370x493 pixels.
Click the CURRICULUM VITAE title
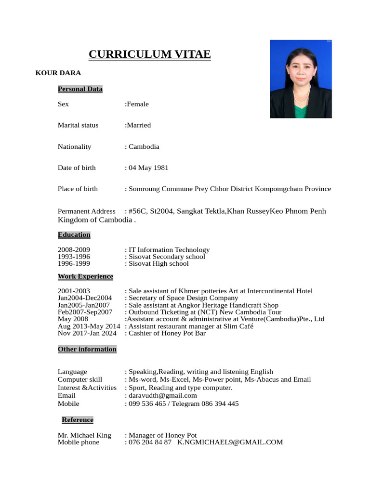149,54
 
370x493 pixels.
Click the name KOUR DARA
58,73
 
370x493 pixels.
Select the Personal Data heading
80,89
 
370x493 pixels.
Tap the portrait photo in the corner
301,79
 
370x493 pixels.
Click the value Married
138,125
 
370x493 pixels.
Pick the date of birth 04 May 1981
147,168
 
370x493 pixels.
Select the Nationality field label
74,146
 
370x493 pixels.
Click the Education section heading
74,235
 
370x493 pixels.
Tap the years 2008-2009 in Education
74,250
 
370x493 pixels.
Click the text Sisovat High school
151,263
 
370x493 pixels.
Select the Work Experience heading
85,276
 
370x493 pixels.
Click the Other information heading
87,349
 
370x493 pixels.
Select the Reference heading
78,420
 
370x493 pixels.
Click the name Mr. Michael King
84,435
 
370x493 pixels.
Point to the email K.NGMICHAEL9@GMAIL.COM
230,442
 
